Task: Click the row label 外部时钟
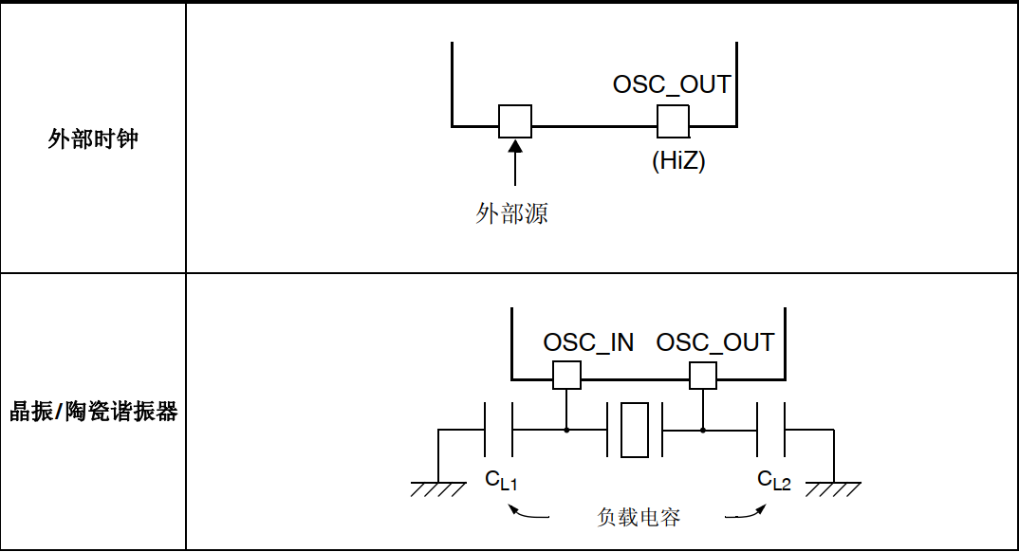point(93,139)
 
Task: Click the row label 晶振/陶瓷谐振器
point(93,413)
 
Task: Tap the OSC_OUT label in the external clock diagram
point(672,84)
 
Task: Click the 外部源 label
point(512,213)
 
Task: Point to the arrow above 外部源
point(514,161)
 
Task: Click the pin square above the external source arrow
point(515,120)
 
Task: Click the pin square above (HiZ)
point(673,120)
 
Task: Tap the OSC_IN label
point(588,342)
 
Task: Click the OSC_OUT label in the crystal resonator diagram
point(715,342)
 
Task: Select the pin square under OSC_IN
point(566,375)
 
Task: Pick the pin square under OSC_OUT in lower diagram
point(703,375)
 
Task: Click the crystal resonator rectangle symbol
point(634,430)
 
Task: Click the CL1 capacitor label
point(501,481)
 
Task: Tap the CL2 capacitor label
point(774,481)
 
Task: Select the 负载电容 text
point(639,517)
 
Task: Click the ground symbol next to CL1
point(438,487)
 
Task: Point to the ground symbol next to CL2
point(833,487)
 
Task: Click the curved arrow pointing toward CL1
point(528,513)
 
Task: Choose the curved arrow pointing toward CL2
point(748,513)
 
